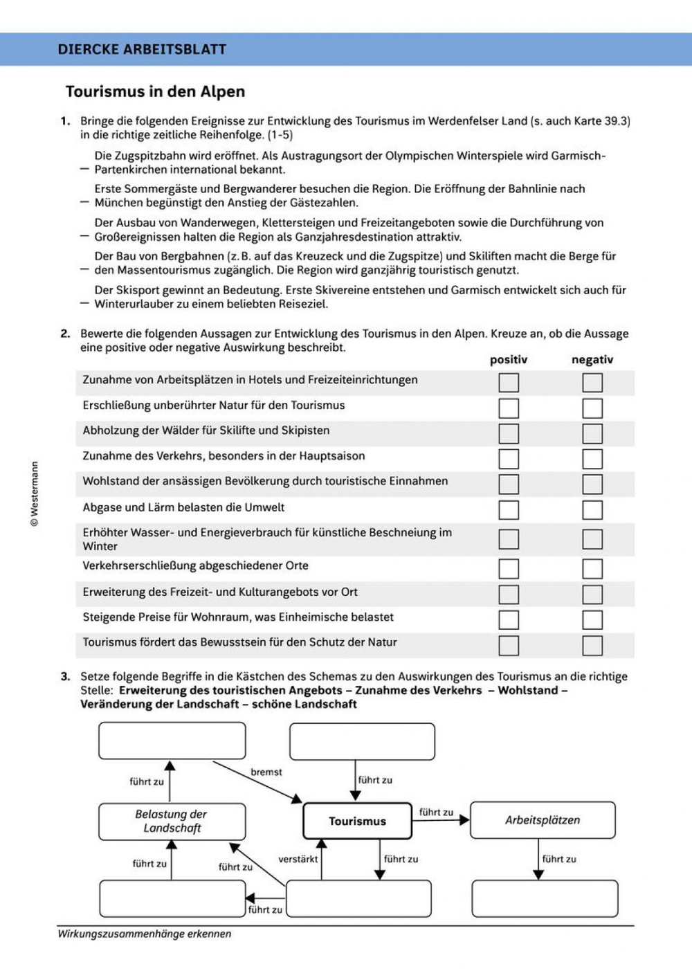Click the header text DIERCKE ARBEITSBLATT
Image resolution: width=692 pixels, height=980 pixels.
coord(142,49)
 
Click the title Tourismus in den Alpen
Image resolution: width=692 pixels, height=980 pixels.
coord(155,91)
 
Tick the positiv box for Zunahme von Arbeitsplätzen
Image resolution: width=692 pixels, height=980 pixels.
coord(509,382)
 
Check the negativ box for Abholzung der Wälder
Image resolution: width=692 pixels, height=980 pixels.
coord(592,433)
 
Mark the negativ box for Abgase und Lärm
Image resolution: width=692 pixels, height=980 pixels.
coord(592,510)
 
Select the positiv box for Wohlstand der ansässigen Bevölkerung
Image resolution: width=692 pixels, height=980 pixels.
coord(509,484)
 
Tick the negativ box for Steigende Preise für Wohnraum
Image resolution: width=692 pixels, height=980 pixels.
coord(592,619)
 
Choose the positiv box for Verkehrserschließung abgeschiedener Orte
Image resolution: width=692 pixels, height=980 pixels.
coord(509,569)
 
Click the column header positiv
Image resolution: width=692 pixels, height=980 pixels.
coord(509,359)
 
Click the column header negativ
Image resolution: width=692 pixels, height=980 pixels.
coord(592,359)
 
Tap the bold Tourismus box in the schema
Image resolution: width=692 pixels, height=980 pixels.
coord(357,821)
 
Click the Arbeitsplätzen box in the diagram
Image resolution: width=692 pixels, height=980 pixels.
coord(543,820)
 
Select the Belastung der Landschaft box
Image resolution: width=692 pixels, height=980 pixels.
coord(172,822)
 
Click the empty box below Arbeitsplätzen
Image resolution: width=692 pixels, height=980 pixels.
coord(545,898)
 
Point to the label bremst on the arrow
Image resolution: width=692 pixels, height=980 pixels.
coord(266,772)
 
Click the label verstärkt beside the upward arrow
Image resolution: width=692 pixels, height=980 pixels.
coord(298,859)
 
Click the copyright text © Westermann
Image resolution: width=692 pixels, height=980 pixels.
coord(35,494)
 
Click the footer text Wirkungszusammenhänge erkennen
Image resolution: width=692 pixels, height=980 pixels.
coord(145,934)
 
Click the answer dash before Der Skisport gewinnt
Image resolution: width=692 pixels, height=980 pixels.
coord(84,303)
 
